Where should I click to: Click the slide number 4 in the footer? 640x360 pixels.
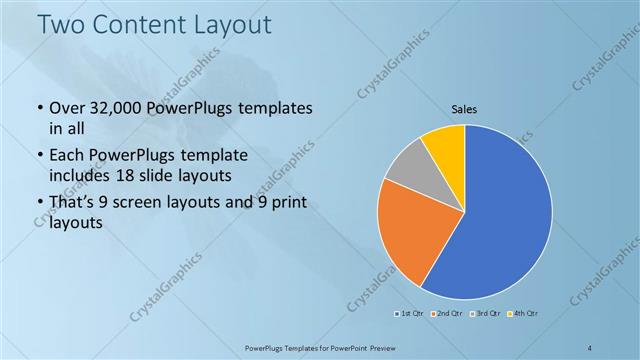(x=591, y=346)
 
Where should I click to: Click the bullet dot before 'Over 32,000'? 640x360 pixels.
(x=39, y=108)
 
